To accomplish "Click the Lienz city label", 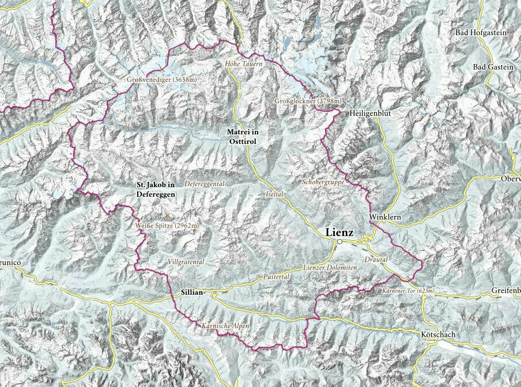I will [x=342, y=232].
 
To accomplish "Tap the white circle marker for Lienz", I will [x=340, y=242].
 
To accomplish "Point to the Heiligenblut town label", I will [x=369, y=114].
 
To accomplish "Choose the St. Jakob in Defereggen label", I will [x=154, y=189].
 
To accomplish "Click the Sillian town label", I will [x=191, y=293].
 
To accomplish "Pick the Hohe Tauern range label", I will [x=244, y=64].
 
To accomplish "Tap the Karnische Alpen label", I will [x=225, y=326].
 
